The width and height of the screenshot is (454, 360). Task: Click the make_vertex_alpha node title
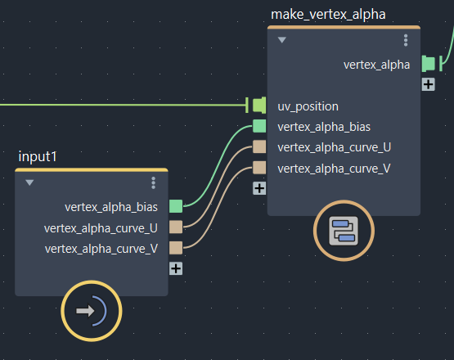(328, 15)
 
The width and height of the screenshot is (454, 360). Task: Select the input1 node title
(38, 157)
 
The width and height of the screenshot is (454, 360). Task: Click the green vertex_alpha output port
(428, 64)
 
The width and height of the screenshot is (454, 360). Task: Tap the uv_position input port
(259, 105)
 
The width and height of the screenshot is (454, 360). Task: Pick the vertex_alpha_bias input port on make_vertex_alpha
(259, 126)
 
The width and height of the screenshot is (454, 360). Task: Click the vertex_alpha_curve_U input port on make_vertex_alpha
(259, 146)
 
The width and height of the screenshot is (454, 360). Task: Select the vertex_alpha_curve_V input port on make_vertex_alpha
(259, 168)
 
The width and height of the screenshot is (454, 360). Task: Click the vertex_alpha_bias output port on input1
(176, 206)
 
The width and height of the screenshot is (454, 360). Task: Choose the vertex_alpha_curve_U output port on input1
(176, 227)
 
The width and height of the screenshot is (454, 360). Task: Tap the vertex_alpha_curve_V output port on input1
(176, 248)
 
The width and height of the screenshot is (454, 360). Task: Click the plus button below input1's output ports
(176, 268)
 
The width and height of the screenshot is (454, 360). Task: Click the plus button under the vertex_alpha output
(428, 84)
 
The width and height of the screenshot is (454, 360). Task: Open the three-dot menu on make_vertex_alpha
(406, 40)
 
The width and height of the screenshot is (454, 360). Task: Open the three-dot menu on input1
(154, 183)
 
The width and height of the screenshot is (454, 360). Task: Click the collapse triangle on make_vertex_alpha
(282, 40)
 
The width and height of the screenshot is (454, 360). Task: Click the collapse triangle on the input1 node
(29, 182)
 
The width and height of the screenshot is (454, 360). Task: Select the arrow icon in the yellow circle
(85, 311)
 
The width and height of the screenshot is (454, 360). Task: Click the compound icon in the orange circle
(344, 231)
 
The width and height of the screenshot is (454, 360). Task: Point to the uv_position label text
(308, 106)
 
